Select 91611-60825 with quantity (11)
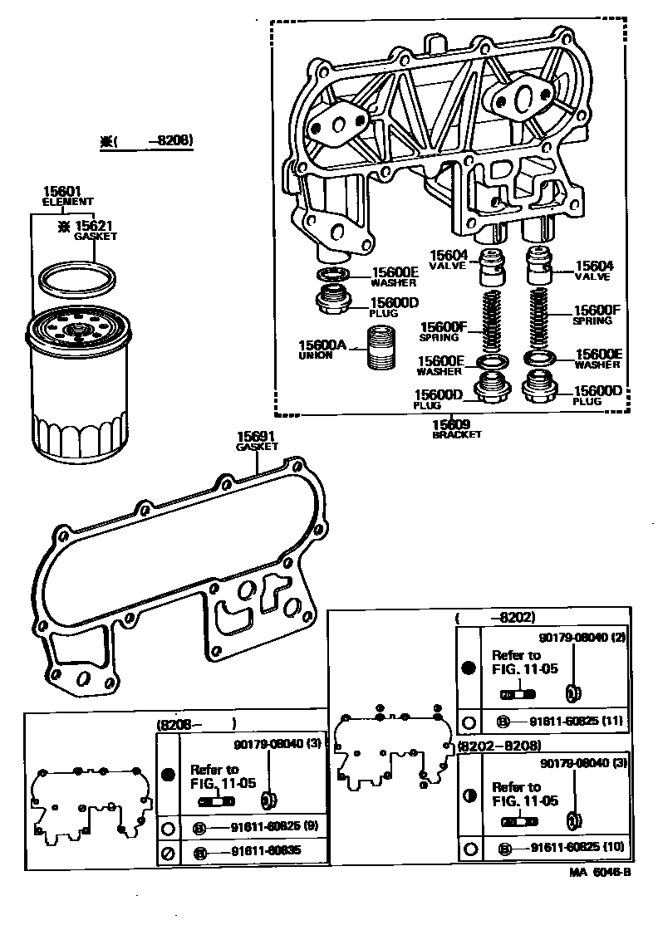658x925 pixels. (x=570, y=721)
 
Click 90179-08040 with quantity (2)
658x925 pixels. (x=580, y=638)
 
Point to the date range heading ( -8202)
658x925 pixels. (x=495, y=618)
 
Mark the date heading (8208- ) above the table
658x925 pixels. (x=197, y=723)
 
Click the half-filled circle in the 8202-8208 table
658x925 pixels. (x=469, y=795)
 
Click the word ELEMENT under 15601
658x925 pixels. (x=67, y=202)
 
